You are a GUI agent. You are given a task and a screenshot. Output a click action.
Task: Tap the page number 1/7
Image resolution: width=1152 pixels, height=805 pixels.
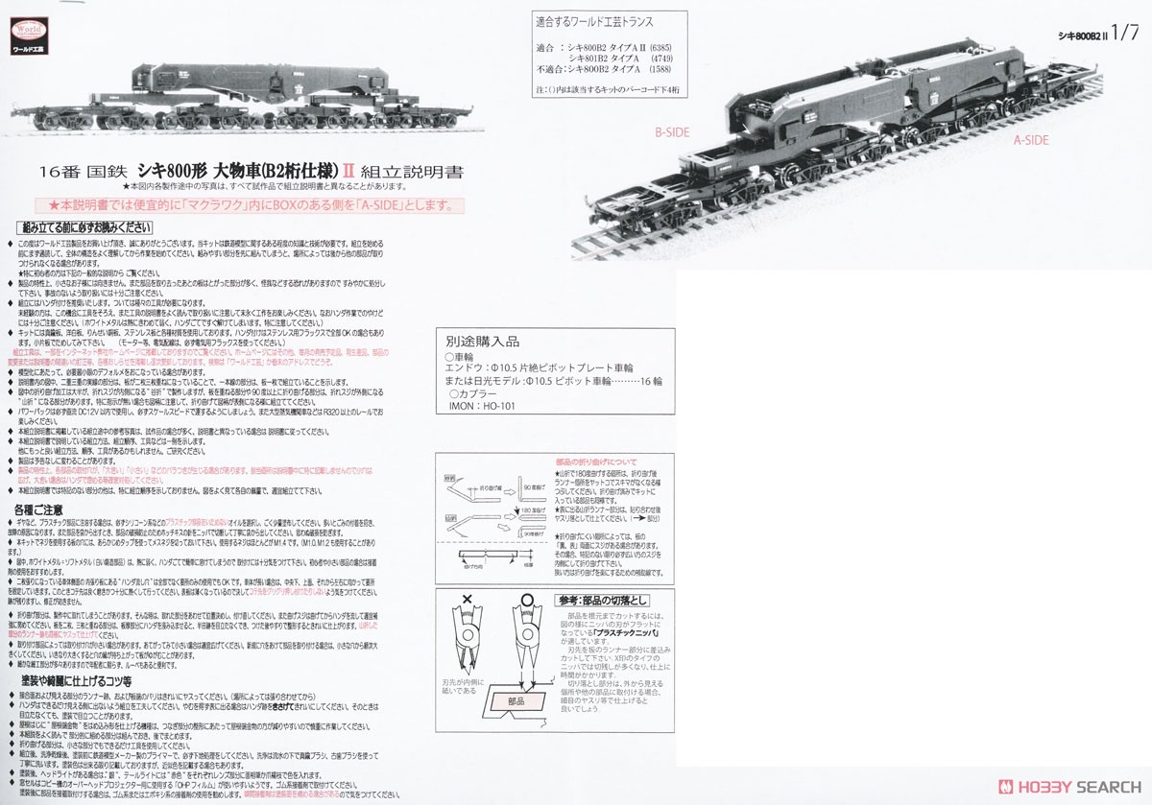(x=1120, y=32)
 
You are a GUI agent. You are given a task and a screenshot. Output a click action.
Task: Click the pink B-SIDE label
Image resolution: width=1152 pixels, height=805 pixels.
(x=672, y=133)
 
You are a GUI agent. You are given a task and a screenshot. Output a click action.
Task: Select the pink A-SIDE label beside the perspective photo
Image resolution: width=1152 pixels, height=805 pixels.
(x=1032, y=140)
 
